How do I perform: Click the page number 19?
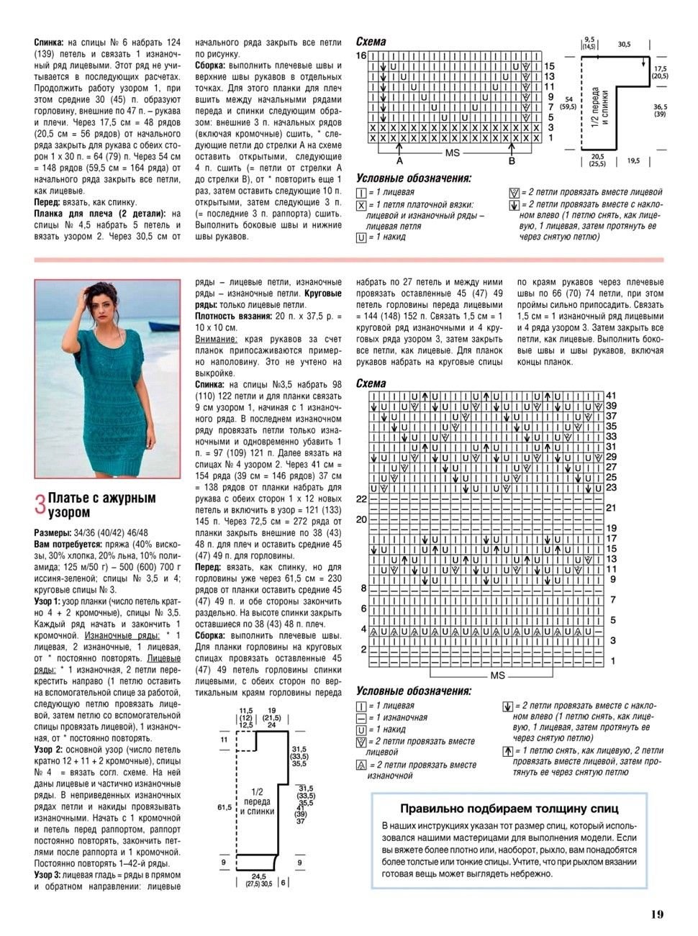656,914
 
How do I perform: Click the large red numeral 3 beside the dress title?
40,504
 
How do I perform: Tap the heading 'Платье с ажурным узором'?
101,504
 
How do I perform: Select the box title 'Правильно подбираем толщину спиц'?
509,808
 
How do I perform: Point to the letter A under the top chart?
399,160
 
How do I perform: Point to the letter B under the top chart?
512,160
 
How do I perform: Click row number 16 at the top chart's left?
361,55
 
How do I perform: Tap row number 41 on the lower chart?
611,396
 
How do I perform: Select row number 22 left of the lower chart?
361,499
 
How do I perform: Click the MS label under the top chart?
453,153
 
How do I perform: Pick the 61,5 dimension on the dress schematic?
224,808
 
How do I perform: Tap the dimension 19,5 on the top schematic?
633,161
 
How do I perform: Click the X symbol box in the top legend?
361,205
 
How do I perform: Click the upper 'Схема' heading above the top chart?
371,42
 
